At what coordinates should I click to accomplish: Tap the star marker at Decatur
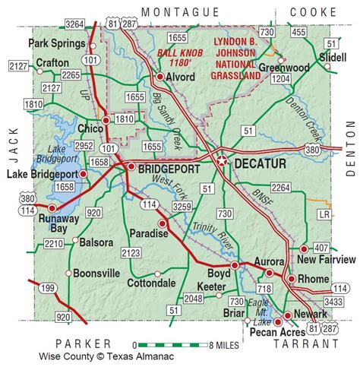pyautogui.click(x=223, y=161)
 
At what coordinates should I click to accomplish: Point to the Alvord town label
pyautogui.click(x=182, y=77)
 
